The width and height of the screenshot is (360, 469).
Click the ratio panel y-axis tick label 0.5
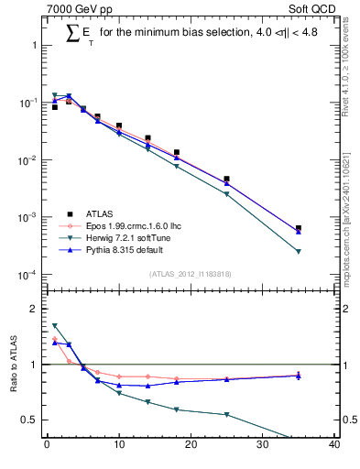tap(31, 420)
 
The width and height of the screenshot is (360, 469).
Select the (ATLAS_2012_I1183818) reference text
tap(191, 273)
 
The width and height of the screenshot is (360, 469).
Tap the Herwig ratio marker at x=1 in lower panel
tap(55, 325)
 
